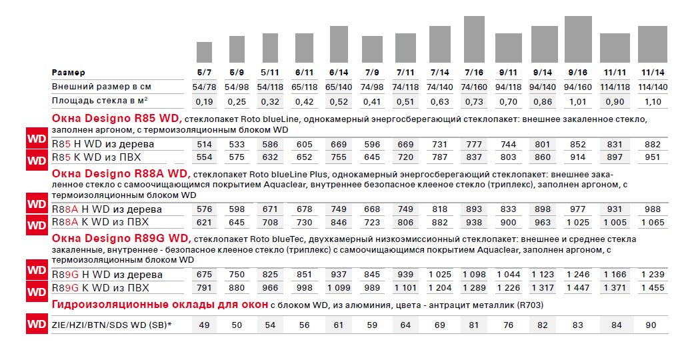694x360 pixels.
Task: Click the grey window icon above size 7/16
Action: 474,39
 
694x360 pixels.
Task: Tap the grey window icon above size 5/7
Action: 204,52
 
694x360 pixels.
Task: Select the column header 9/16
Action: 577,73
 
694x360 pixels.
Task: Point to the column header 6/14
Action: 339,73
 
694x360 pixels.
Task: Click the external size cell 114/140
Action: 653,87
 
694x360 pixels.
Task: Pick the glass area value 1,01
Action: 577,102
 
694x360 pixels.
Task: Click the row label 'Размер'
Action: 68,73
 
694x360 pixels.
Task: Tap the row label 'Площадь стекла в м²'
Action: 99,101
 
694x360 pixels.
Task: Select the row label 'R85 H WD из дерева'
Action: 103,144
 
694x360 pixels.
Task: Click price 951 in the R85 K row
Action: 653,157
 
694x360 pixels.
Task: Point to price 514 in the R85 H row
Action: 204,145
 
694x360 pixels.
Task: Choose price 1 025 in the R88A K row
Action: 577,222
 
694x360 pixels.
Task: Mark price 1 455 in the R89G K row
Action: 653,288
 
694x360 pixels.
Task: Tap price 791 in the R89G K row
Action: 204,288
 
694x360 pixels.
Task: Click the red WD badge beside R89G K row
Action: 37,292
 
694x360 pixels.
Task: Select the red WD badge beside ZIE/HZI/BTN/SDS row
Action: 37,324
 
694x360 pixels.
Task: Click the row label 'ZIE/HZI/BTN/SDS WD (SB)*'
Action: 111,325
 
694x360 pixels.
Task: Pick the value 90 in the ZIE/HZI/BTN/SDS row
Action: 651,325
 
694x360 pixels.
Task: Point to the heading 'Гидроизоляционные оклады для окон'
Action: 160,305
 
